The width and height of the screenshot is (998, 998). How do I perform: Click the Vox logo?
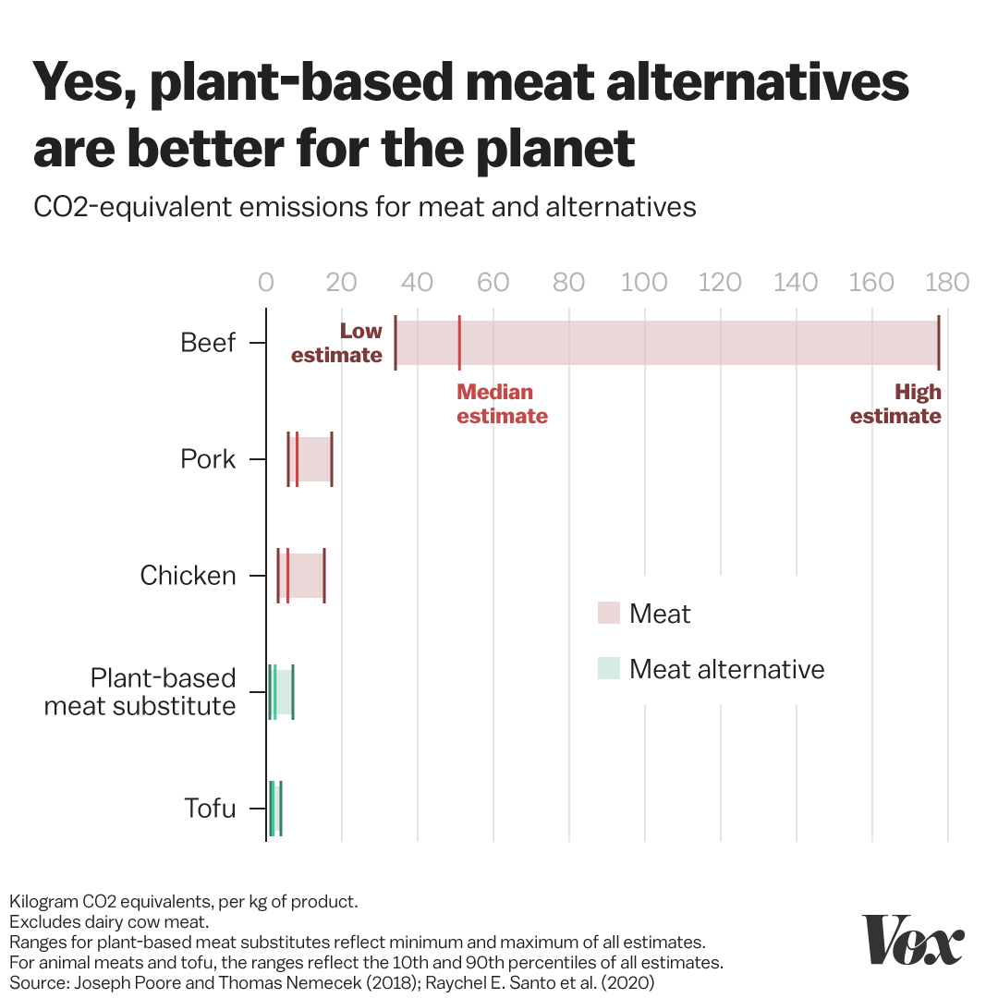913,940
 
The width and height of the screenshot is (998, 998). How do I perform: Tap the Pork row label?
208,459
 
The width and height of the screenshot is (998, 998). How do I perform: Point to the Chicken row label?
189,576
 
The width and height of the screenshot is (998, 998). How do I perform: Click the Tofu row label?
210,809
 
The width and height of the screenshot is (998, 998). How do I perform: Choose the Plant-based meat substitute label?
140,692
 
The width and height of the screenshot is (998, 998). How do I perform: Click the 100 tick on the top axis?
645,282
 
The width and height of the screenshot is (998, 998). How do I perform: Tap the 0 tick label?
266,282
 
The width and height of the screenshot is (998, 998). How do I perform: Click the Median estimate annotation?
502,404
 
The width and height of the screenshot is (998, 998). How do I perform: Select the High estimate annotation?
895,404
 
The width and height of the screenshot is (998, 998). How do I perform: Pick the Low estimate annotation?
337,343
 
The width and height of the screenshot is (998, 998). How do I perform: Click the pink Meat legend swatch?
608,613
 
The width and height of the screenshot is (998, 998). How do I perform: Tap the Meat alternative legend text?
726,669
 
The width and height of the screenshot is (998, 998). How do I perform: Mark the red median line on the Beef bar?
459,343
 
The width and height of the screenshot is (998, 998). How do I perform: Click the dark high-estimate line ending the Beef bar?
938,343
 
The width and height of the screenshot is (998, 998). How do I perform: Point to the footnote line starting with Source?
332,982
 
